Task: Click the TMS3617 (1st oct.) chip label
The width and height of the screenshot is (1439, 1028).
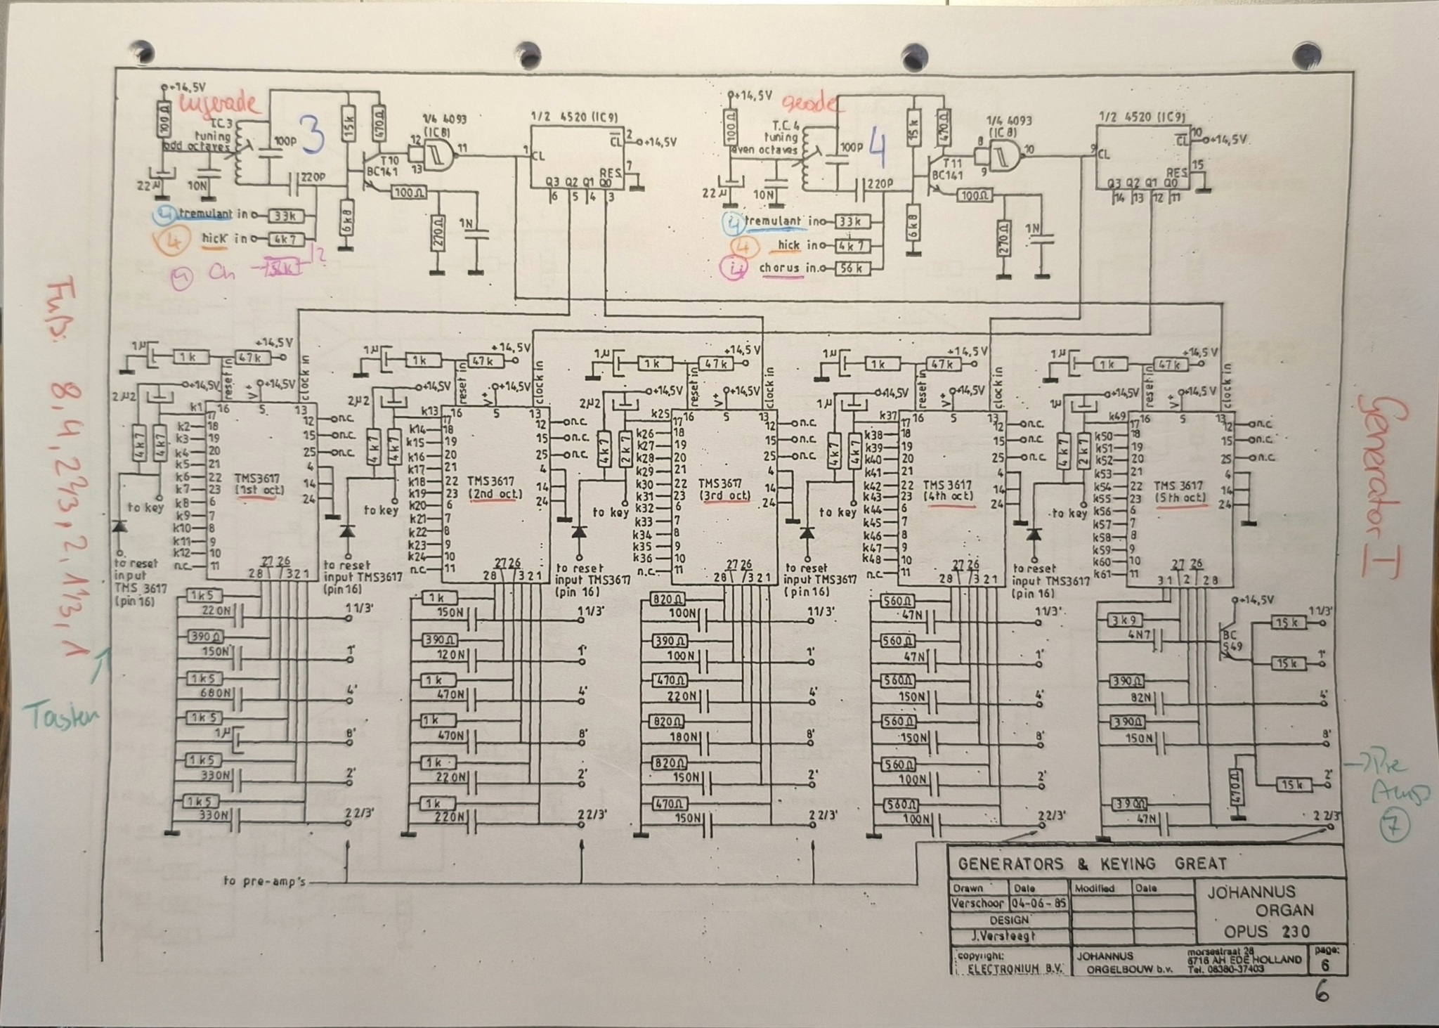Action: click(259, 483)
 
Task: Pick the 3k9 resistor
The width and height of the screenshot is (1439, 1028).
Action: click(1125, 621)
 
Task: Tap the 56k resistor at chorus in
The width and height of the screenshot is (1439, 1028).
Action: click(851, 268)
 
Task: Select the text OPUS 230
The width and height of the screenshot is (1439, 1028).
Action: click(1267, 932)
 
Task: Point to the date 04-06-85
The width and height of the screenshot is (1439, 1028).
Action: click(1038, 903)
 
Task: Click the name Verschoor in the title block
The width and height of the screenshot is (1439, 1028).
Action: click(978, 903)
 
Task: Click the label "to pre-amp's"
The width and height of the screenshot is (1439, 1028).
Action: click(265, 881)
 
